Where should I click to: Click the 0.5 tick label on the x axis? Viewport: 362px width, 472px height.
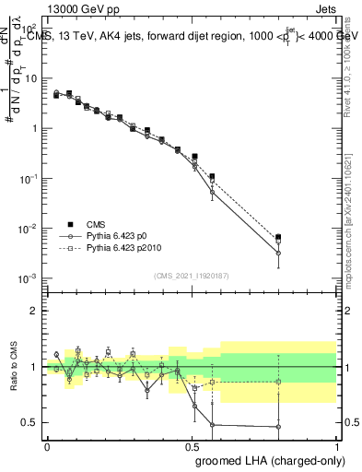(191, 445)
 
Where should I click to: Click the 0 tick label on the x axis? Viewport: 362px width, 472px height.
(46, 445)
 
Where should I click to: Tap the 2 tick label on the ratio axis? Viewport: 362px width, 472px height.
(35, 311)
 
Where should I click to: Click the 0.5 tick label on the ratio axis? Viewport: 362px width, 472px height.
(31, 423)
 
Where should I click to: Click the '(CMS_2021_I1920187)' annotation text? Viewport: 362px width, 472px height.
(191, 275)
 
